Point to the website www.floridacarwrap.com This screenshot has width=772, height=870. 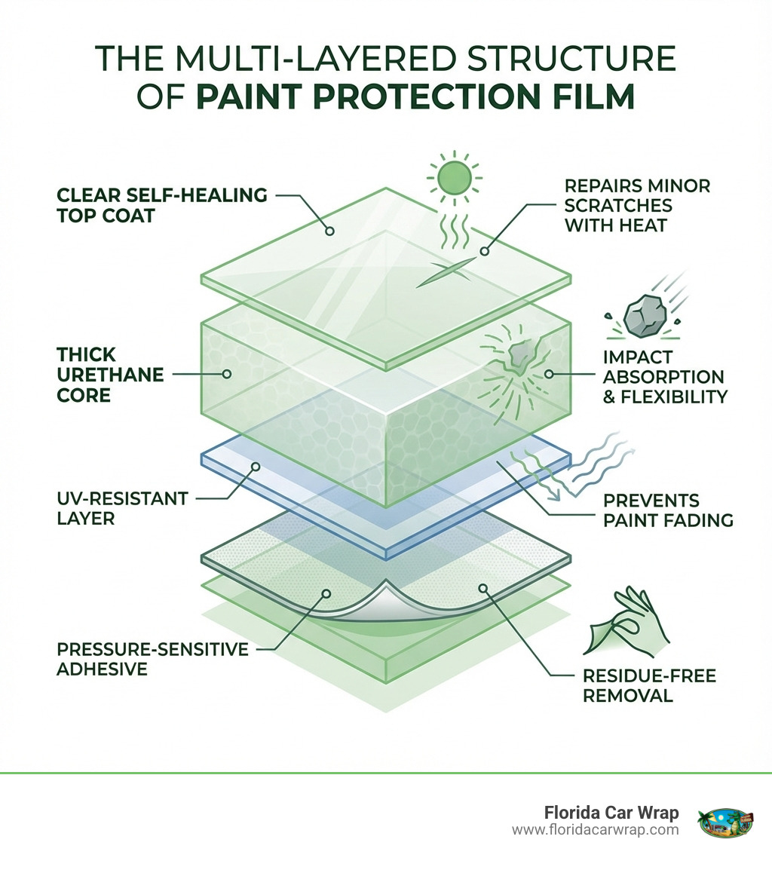595,830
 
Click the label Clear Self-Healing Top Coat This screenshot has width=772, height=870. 162,206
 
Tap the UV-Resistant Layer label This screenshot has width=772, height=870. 121,508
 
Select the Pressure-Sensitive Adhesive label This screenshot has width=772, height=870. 152,658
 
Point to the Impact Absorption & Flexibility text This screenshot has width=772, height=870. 663,376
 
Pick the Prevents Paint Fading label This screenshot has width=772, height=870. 668,510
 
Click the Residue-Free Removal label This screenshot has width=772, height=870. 649,685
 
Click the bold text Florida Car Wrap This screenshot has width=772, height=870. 611,813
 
